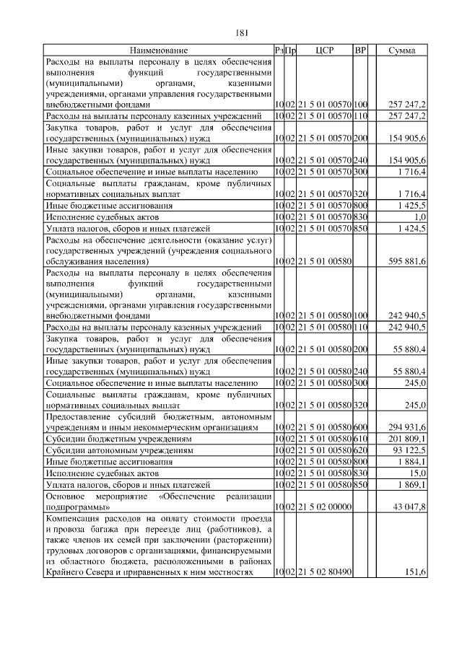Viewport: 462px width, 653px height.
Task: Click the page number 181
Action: (x=242, y=32)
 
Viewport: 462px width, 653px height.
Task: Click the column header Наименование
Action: (x=159, y=51)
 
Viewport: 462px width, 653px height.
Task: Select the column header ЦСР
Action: (x=324, y=51)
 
